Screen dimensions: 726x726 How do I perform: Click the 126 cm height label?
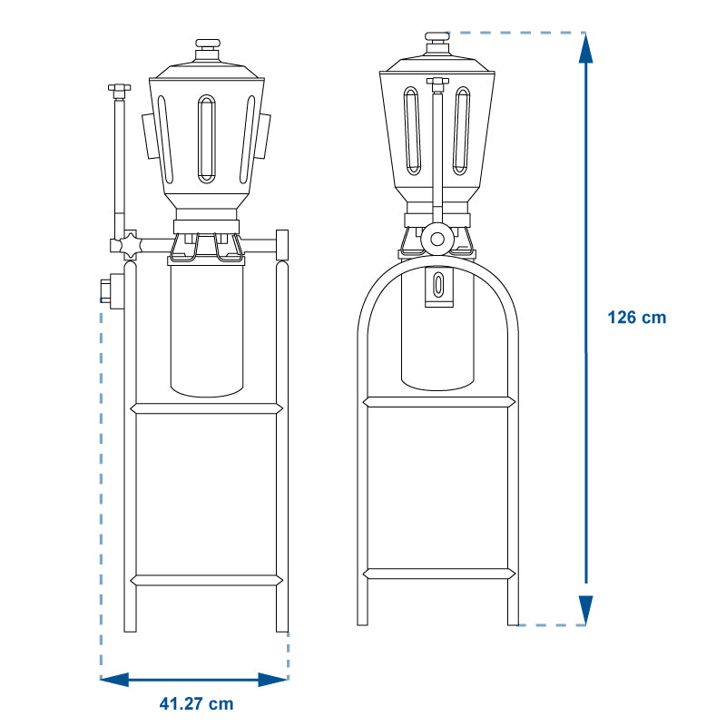[x=637, y=318]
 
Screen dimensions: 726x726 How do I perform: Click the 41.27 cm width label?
[x=196, y=704]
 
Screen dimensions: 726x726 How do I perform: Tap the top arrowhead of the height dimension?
[x=585, y=47]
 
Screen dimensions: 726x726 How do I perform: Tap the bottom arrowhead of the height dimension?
[x=585, y=610]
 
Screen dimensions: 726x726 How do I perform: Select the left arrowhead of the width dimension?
[x=114, y=680]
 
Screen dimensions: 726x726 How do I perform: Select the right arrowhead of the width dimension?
[x=273, y=680]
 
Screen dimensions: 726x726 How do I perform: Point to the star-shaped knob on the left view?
[x=130, y=246]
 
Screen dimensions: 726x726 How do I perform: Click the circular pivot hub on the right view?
[x=437, y=240]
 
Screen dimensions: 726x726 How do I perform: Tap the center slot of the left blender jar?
[x=207, y=139]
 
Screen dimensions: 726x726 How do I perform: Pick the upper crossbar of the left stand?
[x=207, y=408]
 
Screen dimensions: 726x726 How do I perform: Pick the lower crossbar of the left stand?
[x=207, y=580]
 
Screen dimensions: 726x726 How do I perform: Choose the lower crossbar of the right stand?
[x=439, y=574]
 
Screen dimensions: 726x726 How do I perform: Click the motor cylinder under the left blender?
[x=207, y=330]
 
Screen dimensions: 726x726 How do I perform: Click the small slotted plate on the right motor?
[x=439, y=287]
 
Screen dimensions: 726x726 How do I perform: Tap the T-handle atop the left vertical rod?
[x=120, y=87]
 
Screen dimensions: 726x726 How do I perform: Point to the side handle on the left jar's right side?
[x=263, y=135]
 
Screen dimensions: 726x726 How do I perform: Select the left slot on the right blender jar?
[x=412, y=131]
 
